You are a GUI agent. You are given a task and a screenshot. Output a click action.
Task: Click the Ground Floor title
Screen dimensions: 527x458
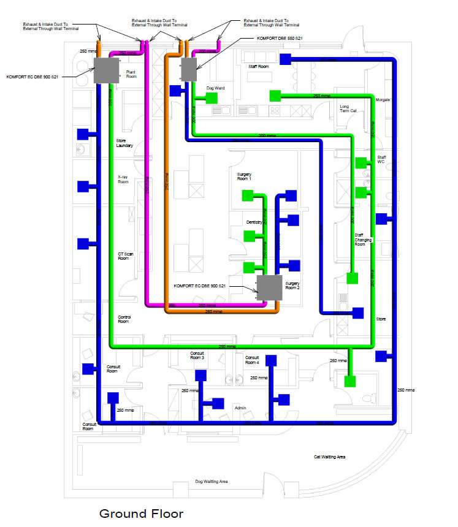coord(141,513)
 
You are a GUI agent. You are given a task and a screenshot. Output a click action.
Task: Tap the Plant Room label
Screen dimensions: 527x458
coord(131,74)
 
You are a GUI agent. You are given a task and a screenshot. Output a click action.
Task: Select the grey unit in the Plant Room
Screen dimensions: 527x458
coord(106,71)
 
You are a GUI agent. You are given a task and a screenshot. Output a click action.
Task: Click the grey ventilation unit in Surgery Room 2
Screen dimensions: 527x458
coord(269,288)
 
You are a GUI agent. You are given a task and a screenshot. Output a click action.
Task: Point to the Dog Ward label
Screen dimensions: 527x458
coord(215,88)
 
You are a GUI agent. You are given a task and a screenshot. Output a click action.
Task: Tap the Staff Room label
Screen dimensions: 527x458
coord(258,66)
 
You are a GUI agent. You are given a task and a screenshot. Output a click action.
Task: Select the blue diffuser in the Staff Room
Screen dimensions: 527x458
coord(284,59)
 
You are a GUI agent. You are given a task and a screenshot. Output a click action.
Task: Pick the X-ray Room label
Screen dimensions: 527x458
coord(123,180)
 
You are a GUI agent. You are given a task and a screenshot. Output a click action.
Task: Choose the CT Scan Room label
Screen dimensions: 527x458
coord(123,256)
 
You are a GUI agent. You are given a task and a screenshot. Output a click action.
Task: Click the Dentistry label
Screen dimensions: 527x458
coord(254,221)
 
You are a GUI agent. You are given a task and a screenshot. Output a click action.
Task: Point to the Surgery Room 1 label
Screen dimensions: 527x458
coord(244,177)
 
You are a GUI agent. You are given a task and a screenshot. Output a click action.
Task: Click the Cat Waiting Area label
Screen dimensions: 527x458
coord(329,457)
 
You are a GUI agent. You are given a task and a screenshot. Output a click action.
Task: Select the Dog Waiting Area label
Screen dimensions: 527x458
coord(212,482)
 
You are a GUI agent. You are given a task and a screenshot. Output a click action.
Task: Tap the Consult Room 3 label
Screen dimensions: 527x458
coord(197,355)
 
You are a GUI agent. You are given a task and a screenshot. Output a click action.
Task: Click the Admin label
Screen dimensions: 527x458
coord(240,407)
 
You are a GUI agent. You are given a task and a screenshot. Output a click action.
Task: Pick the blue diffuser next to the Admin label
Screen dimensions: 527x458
coord(217,403)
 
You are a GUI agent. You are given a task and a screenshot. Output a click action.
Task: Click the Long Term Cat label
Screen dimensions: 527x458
coord(348,108)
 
